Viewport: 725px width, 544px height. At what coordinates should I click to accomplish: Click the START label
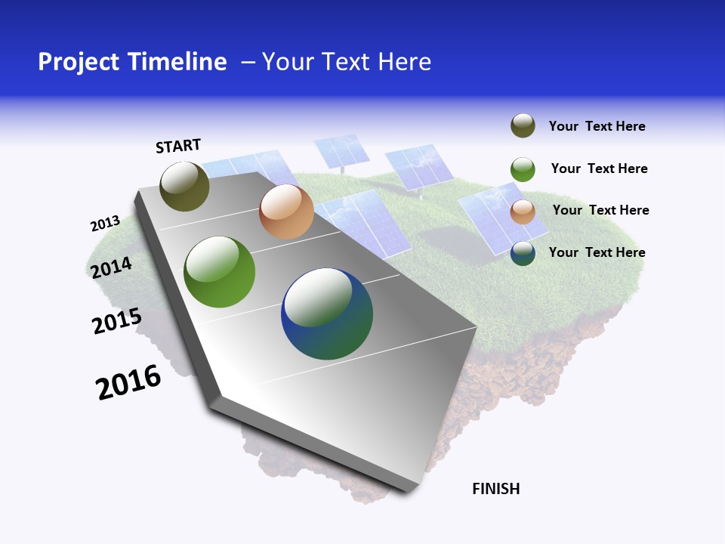178,146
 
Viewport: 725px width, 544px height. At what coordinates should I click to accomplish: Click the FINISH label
495,489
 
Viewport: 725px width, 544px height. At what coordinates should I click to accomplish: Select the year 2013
105,224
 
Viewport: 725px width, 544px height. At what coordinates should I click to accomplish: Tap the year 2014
111,267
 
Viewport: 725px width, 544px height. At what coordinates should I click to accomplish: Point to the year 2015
117,321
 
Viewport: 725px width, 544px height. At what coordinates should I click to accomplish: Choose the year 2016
128,382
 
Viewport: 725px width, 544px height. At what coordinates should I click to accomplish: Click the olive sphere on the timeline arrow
185,186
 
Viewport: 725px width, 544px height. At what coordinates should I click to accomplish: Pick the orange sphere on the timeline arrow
286,212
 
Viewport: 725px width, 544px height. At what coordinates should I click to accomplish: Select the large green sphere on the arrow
220,272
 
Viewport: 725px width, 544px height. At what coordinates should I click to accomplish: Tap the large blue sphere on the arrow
327,314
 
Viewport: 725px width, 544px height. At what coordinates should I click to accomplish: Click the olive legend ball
523,126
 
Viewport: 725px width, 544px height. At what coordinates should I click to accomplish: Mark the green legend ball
523,169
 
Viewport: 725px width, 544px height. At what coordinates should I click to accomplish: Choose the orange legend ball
523,212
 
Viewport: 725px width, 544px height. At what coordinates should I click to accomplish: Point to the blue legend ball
523,253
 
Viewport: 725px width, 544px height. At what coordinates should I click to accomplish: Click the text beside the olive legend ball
597,126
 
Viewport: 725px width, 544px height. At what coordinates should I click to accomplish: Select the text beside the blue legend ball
597,252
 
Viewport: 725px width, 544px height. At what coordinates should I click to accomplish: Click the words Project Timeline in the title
132,62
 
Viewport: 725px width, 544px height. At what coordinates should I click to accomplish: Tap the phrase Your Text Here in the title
347,62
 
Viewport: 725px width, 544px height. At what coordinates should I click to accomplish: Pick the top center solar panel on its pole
341,151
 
